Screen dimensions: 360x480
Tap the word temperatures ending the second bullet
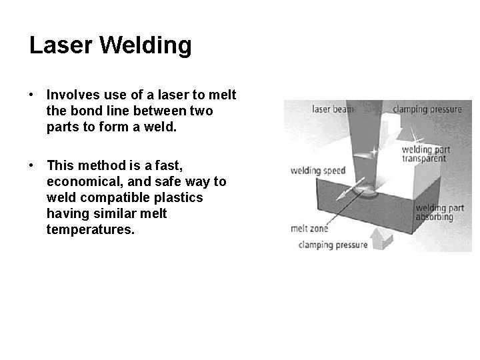(91, 230)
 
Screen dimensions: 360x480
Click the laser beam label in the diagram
(331, 108)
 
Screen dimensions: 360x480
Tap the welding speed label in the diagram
(318, 171)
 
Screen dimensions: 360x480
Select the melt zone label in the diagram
(309, 228)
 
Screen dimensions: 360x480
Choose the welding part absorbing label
(435, 212)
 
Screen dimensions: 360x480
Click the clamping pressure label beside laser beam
(427, 109)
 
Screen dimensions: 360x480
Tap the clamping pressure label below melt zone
(333, 245)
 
